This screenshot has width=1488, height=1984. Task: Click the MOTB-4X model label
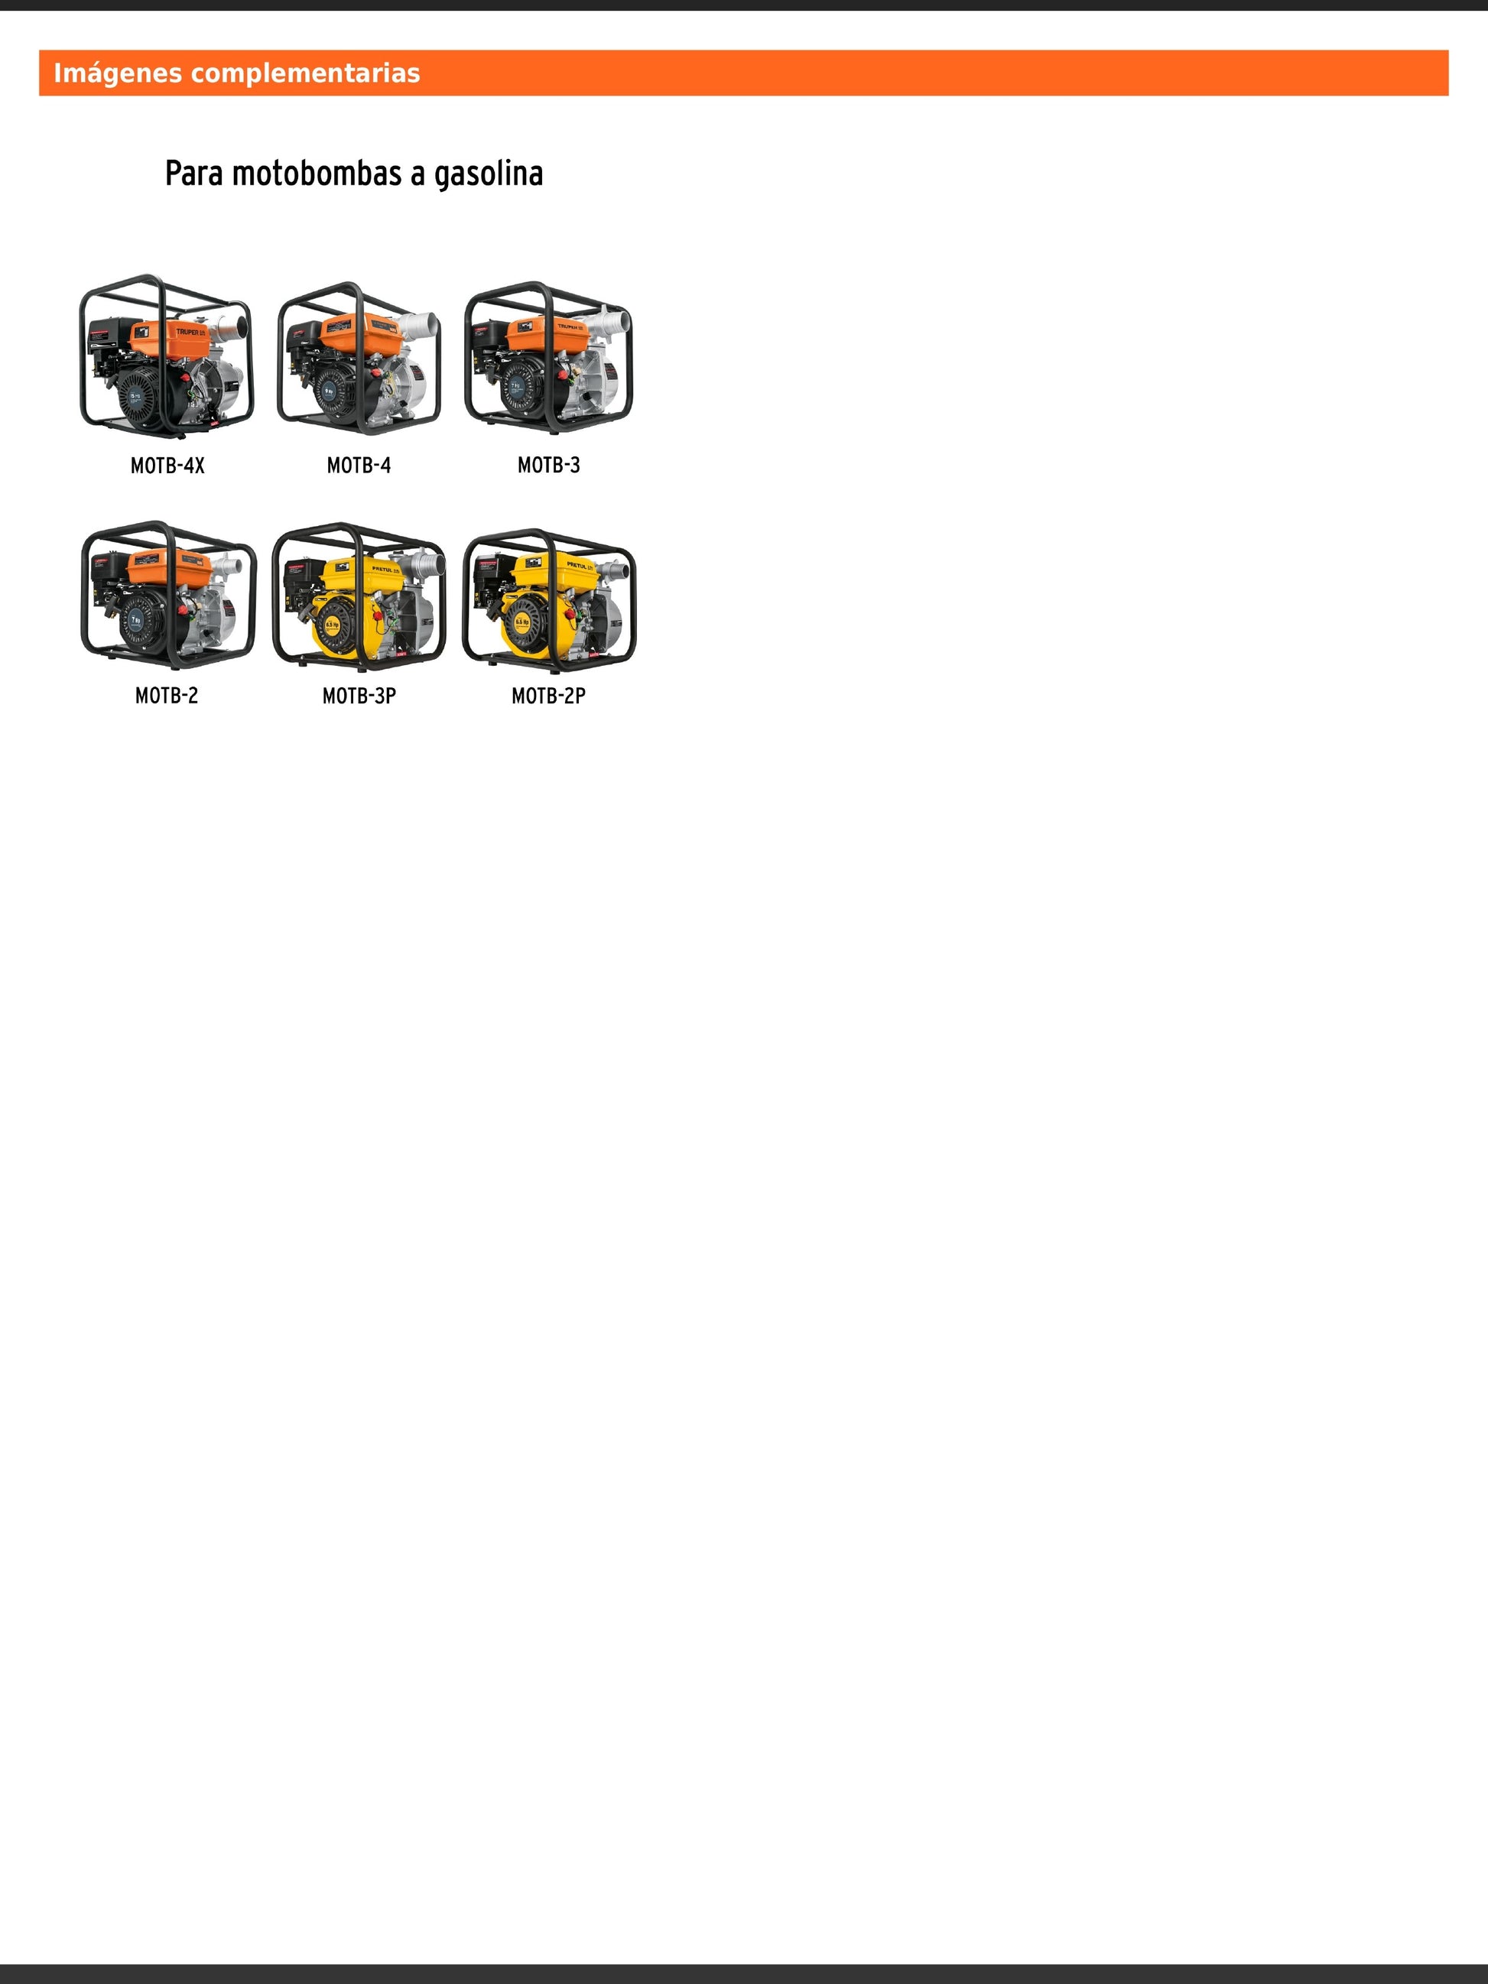167,466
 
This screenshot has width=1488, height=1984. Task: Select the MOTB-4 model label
359,466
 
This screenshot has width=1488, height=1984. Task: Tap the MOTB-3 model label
549,466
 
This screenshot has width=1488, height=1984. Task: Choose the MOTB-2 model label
167,696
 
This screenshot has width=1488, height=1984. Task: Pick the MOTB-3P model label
359,696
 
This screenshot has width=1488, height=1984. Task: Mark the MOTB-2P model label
549,696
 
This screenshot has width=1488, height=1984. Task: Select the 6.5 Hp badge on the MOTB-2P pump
521,621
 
